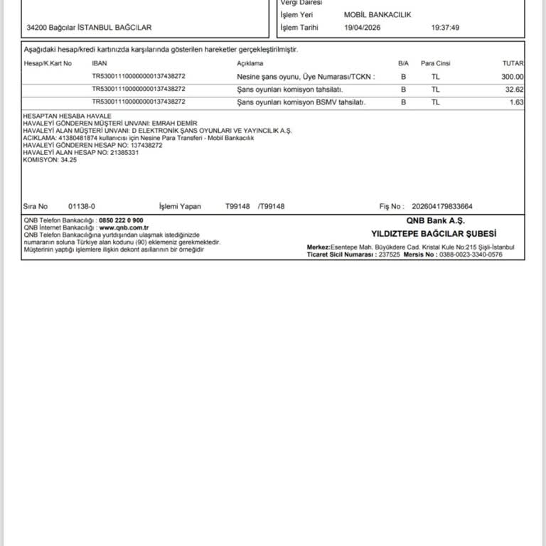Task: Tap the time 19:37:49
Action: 445,28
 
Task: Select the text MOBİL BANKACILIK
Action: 378,14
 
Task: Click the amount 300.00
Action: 512,77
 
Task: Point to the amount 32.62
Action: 514,90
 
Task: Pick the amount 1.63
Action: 517,102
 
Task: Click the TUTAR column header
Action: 513,63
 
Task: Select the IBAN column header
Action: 100,63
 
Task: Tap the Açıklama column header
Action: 250,63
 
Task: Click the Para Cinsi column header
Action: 434,63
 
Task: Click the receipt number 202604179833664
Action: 441,206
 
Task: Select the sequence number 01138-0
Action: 82,206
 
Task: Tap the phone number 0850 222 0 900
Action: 121,220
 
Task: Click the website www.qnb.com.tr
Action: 124,227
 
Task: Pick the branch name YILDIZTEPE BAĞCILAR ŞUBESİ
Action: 434,233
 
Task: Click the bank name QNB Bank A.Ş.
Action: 436,221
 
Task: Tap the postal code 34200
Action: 37,28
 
